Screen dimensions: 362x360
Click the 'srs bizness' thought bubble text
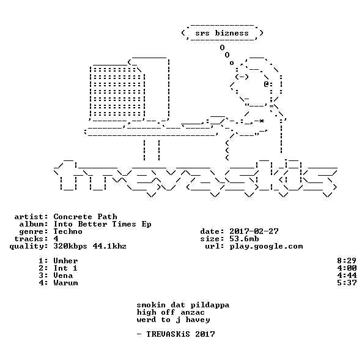[222, 33]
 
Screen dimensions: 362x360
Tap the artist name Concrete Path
[85, 217]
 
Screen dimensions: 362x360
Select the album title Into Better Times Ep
[102, 224]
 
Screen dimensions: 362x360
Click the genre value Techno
[68, 231]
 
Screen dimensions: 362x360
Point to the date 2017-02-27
[254, 231]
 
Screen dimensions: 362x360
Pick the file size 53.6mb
[244, 239]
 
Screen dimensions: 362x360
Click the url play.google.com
[266, 247]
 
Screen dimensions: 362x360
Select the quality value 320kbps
[70, 246]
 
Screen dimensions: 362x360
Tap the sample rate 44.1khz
[109, 246]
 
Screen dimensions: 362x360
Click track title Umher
[65, 261]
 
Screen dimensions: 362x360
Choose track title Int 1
[65, 268]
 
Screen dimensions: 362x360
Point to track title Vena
[63, 276]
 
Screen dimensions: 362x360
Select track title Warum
[65, 283]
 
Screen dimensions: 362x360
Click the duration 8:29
[347, 261]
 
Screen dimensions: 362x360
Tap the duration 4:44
[347, 276]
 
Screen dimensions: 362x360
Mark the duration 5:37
[347, 283]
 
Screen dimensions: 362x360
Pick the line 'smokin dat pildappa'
[183, 305]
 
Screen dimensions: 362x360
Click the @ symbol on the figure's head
[266, 84]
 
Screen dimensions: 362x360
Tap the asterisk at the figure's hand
[261, 121]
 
